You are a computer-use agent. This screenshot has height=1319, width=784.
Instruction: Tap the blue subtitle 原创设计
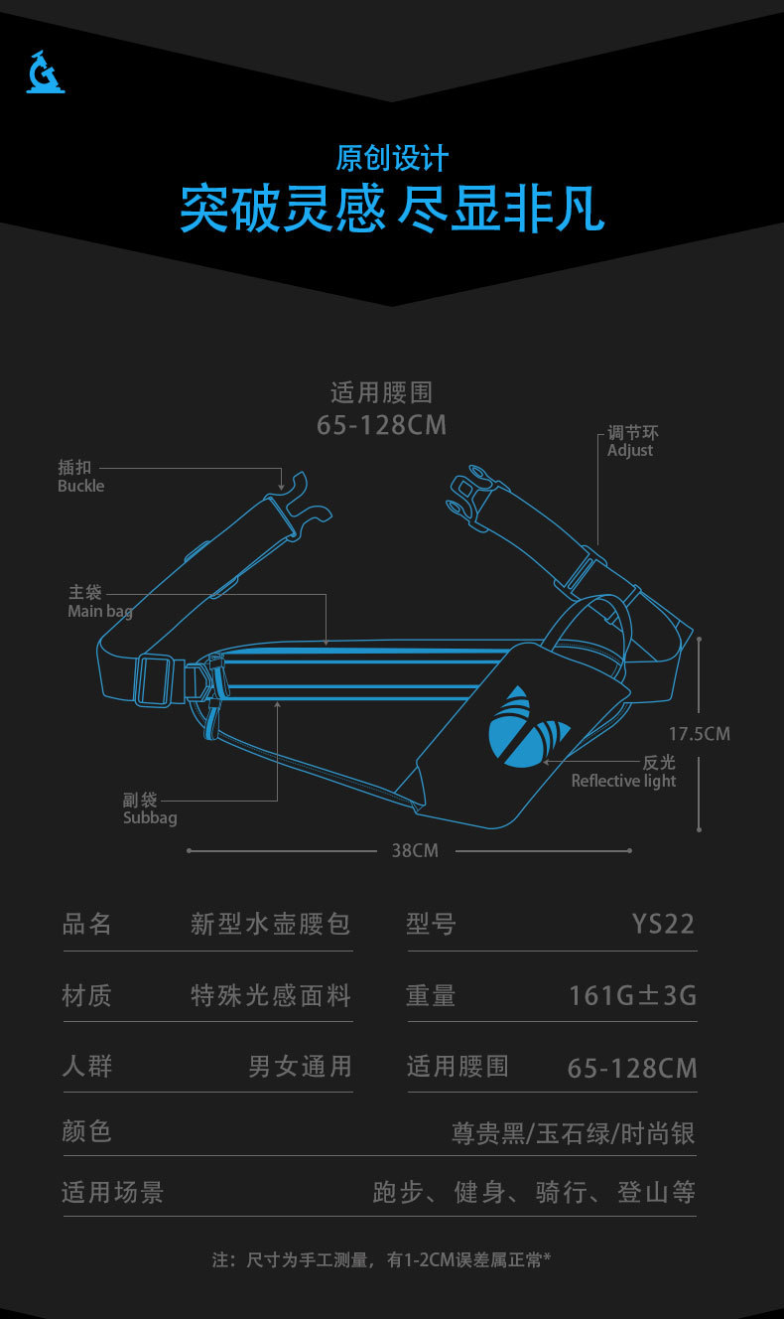coord(392,159)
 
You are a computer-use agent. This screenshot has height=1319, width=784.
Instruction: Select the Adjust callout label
coord(632,442)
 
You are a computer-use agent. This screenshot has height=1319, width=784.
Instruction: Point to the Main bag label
coord(98,602)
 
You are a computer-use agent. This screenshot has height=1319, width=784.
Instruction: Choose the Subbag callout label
coord(149,809)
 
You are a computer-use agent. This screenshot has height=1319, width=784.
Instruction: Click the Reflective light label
coord(624,772)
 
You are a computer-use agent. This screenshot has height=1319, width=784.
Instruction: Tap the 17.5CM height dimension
coord(699,734)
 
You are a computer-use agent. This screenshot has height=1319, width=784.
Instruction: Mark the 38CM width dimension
coord(415,850)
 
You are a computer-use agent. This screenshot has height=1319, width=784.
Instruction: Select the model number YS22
coord(663,924)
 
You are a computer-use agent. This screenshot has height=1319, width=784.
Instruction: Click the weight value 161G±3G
coord(632,994)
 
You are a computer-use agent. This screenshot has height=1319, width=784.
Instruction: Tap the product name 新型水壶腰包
coord(271,924)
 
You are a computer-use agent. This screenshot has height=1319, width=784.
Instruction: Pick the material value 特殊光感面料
coord(271,995)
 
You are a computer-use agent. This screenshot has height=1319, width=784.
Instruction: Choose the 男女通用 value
coord(300,1067)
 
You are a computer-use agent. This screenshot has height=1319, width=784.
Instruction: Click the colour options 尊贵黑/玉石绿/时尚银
coord(573,1133)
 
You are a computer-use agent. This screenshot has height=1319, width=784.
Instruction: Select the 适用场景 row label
coord(112,1192)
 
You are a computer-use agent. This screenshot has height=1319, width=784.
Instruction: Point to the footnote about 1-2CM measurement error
coord(381,1260)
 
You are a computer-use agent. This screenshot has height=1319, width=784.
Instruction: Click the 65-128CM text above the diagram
coord(382,425)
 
